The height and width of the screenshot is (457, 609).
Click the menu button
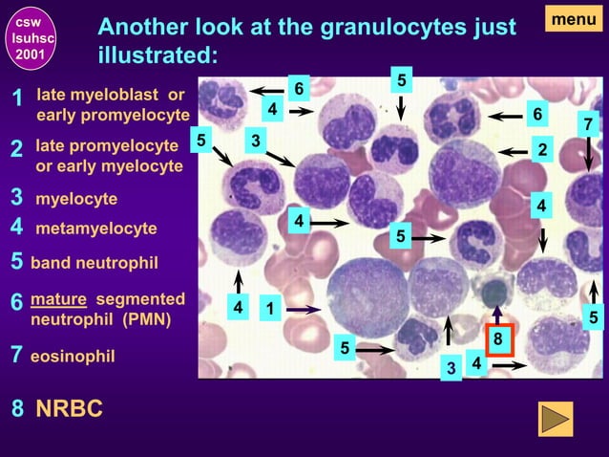(x=573, y=18)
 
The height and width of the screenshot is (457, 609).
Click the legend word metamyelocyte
(x=95, y=229)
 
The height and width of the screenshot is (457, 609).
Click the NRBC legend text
(x=69, y=409)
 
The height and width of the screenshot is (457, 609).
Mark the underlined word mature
(x=58, y=299)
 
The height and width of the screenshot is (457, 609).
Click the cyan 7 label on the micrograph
(x=588, y=124)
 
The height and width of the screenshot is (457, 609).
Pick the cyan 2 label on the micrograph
(x=542, y=150)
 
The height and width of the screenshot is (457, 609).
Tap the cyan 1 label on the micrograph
(x=269, y=309)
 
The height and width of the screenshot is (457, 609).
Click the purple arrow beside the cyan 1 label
(x=304, y=309)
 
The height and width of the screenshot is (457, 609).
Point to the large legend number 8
(x=17, y=410)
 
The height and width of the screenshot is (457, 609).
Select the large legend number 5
(x=16, y=262)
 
